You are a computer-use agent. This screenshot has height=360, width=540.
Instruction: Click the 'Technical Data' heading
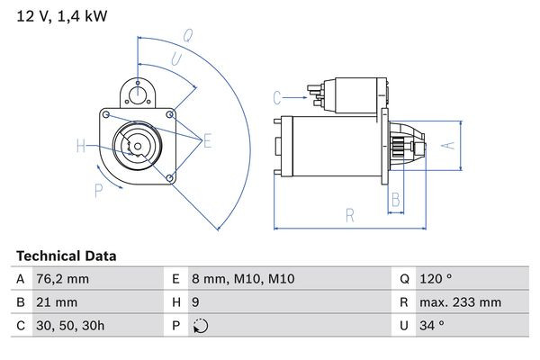coord(67,256)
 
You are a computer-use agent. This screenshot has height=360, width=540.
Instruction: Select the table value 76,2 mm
coord(62,279)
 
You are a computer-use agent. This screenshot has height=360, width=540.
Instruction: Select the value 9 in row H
coord(197,302)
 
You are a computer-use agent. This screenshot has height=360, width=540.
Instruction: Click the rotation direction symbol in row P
coord(201,326)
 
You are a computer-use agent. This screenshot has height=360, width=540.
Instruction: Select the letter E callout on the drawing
coord(207,139)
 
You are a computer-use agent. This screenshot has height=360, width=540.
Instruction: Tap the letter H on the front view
coord(80,146)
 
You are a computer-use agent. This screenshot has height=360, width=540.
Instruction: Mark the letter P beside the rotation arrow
coord(98,189)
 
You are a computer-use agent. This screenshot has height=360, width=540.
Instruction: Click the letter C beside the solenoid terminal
coord(277,95)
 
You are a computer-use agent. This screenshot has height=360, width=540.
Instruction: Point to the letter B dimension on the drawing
coord(394,199)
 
